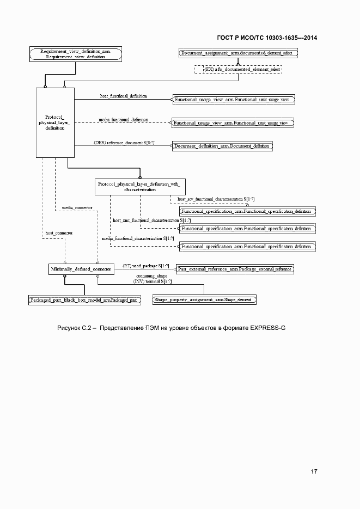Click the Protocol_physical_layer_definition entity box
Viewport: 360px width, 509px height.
54,122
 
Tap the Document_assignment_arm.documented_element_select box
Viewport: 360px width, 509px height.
238,53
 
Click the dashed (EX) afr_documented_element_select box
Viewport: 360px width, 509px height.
238,70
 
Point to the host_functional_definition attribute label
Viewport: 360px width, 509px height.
123,96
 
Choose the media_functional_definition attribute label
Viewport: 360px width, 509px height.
123,119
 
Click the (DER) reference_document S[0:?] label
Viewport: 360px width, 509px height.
124,142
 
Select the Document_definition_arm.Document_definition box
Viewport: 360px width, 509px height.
222,146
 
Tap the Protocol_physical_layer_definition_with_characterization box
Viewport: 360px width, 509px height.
140,187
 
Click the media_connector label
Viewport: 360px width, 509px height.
77,208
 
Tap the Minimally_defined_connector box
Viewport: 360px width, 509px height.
81,269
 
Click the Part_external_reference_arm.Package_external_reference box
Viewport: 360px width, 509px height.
235,269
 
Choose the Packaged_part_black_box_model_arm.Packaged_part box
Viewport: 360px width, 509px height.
84,299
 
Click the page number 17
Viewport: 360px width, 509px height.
314,471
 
